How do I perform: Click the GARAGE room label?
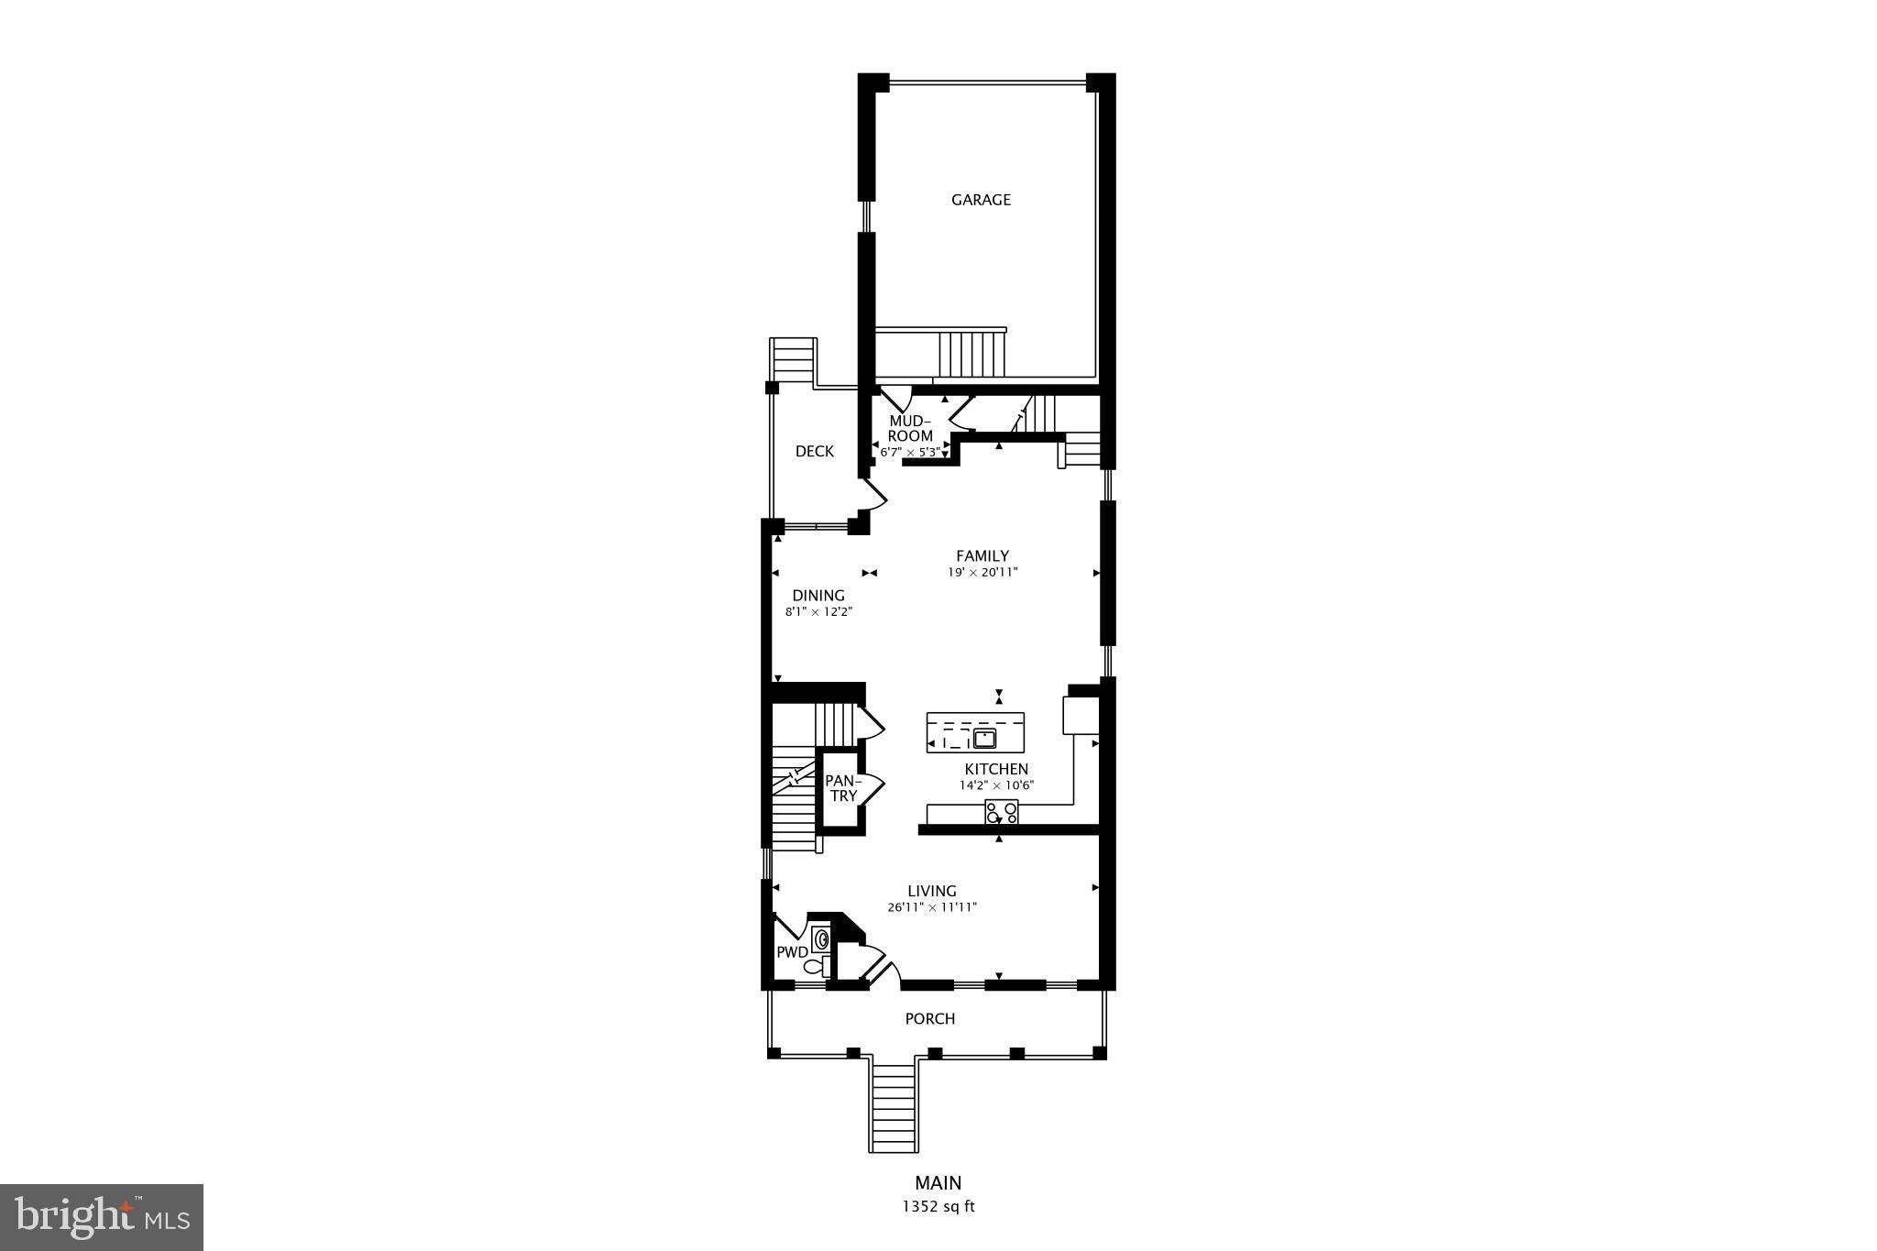(981, 200)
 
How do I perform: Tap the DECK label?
(814, 451)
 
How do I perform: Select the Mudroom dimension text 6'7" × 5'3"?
(909, 452)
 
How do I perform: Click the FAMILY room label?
(982, 555)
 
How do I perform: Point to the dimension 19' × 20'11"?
(982, 573)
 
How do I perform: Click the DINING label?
(818, 596)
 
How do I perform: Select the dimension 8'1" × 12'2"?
(818, 612)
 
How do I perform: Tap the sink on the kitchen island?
(985, 738)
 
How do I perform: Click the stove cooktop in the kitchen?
(1001, 812)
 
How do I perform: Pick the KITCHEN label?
(996, 769)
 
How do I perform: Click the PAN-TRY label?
(843, 788)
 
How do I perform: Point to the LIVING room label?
(932, 891)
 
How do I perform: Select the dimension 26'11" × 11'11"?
(932, 907)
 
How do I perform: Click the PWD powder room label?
(792, 952)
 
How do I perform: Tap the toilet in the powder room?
(815, 966)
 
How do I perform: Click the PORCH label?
(929, 1018)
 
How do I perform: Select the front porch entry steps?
(894, 1109)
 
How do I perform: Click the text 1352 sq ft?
(938, 1207)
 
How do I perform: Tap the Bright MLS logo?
(102, 1217)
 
